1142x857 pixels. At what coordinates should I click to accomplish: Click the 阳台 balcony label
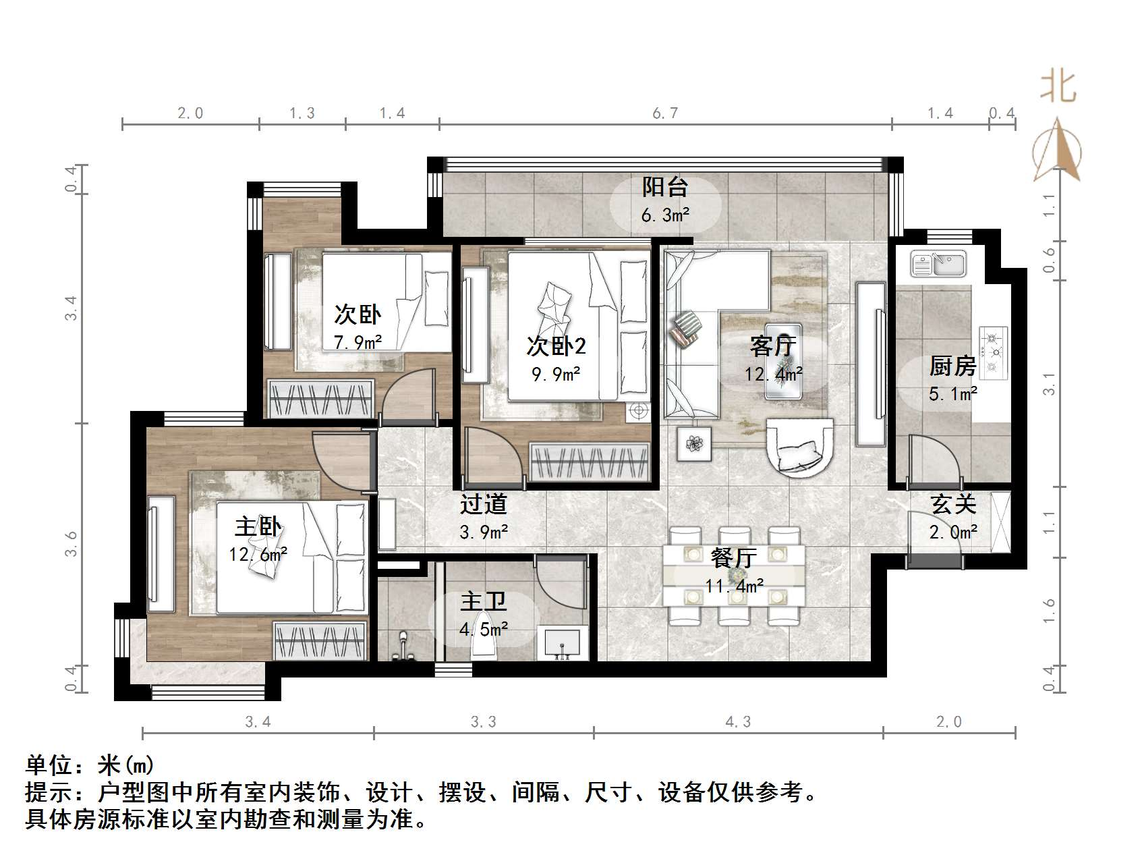664,187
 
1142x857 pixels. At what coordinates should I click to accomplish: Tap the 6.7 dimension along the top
665,113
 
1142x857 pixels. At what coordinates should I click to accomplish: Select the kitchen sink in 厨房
938,264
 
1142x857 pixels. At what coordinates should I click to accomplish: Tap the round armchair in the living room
799,447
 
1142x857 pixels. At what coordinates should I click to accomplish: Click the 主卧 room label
258,526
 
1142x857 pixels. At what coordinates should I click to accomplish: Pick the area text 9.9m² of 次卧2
556,373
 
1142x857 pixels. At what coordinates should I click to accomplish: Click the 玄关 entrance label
953,504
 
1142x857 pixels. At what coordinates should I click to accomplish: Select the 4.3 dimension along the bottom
738,722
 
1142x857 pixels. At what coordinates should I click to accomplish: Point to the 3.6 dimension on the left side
72,544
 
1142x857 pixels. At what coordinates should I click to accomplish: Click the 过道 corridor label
483,503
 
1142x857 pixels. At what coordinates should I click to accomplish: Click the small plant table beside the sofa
694,444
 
